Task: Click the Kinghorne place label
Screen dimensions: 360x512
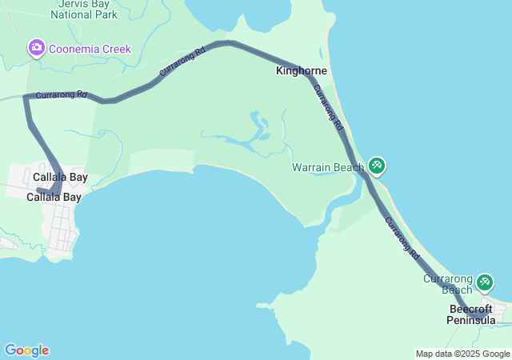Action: pyautogui.click(x=301, y=71)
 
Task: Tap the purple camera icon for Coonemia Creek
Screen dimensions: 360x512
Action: pyautogui.click(x=36, y=49)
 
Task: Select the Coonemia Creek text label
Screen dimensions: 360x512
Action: pyautogui.click(x=90, y=50)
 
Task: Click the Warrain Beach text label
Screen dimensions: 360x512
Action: pyautogui.click(x=327, y=167)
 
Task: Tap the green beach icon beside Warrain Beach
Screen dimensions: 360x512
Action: pyautogui.click(x=377, y=166)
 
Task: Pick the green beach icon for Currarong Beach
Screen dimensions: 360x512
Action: pyautogui.click(x=485, y=282)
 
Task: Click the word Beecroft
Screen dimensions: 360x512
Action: pyautogui.click(x=470, y=309)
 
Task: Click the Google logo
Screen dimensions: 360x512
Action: pyautogui.click(x=26, y=350)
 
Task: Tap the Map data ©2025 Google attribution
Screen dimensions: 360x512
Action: pyautogui.click(x=462, y=354)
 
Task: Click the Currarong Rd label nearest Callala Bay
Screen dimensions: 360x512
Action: pyautogui.click(x=61, y=94)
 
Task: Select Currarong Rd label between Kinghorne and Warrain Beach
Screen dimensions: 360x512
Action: pyautogui.click(x=329, y=109)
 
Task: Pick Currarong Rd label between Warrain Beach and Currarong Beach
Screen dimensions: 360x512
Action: pyautogui.click(x=402, y=238)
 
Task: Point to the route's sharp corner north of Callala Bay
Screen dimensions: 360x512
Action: pyautogui.click(x=26, y=97)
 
